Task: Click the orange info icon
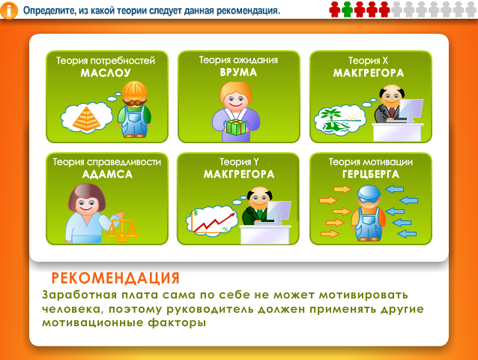[x=9, y=10]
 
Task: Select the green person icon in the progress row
[x=347, y=10]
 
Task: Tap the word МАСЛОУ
[x=106, y=73]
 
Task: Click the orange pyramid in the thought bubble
[x=87, y=118]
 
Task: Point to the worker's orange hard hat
[x=134, y=91]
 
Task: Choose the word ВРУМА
[x=238, y=72]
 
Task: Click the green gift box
[x=236, y=127]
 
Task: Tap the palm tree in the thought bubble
[x=330, y=117]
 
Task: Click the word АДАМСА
[x=107, y=175]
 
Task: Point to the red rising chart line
[x=215, y=222]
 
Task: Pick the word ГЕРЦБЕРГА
[x=370, y=174]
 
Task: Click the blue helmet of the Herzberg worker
[x=369, y=193]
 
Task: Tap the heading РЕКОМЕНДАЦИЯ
[x=115, y=278]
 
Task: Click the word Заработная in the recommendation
[x=79, y=295]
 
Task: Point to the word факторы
[x=177, y=322]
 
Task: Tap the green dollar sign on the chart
[x=196, y=213]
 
